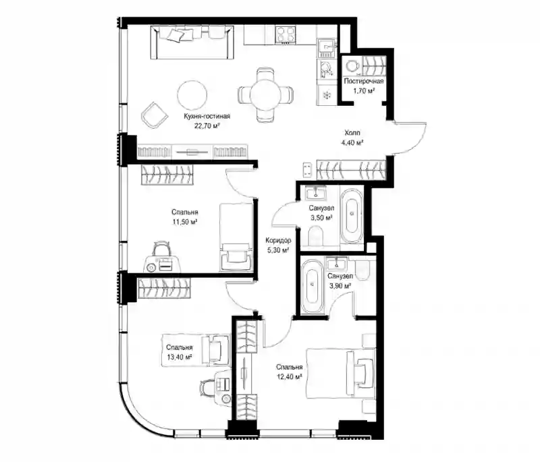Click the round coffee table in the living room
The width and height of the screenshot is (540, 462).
(x=192, y=96)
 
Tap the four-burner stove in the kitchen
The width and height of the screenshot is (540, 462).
(x=286, y=35)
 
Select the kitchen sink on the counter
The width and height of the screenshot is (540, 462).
(x=326, y=48)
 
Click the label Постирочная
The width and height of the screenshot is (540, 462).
(x=364, y=81)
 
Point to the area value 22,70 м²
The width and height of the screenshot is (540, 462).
(x=207, y=126)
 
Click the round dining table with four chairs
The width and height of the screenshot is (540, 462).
(x=265, y=95)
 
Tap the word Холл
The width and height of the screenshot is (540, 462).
(x=352, y=133)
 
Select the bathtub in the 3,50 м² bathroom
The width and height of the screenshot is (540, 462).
(x=352, y=215)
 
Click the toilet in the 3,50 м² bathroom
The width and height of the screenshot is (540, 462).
(x=316, y=237)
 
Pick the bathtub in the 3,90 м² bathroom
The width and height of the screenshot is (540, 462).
(x=313, y=286)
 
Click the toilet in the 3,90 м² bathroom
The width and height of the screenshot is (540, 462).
(x=362, y=269)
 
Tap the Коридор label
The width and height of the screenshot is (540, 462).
(x=278, y=241)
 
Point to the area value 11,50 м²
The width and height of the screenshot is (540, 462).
(x=185, y=222)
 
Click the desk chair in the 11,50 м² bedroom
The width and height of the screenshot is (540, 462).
(x=161, y=248)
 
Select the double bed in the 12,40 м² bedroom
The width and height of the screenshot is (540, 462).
(x=341, y=374)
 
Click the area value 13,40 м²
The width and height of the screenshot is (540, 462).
(x=180, y=357)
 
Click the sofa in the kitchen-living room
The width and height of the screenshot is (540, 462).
(x=192, y=43)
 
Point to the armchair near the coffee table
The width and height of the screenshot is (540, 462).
(x=155, y=115)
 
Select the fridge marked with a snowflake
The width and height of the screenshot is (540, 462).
(x=326, y=95)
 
